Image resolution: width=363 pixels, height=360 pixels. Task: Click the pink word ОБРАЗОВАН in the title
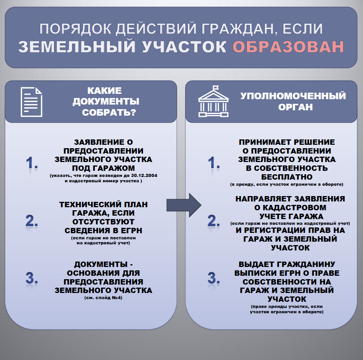coord(288,47)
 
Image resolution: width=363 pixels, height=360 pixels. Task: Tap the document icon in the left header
coord(31,102)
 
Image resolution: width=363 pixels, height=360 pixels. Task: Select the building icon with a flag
coord(213,101)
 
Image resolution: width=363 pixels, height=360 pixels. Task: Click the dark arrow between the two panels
coord(184,205)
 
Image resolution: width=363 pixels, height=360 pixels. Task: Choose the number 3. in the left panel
coord(32,278)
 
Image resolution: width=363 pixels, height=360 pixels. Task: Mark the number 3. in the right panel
coord(214,278)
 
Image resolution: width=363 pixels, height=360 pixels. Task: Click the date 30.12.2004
coord(144,175)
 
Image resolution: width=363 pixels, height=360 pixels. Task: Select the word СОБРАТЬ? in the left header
coord(109,113)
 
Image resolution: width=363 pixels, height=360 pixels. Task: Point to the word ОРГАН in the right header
coord(296,107)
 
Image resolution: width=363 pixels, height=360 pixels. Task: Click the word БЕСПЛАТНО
coord(287,177)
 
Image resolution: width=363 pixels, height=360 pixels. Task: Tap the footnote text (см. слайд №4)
coord(103,298)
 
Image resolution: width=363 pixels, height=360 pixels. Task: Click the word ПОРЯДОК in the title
coord(76,29)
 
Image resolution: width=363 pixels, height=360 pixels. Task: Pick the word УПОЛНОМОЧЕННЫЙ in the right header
coord(293,96)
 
